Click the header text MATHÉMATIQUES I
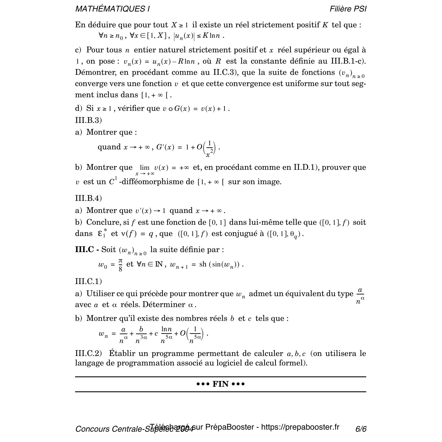coord(112,9)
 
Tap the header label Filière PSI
coord(348,9)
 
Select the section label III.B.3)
coord(88,120)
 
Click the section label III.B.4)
coord(88,198)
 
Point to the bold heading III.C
coord(85,249)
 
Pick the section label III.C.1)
coord(88,281)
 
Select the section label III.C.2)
coord(88,353)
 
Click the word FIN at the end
coord(220,384)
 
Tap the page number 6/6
coord(361,429)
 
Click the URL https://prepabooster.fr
coord(300,427)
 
